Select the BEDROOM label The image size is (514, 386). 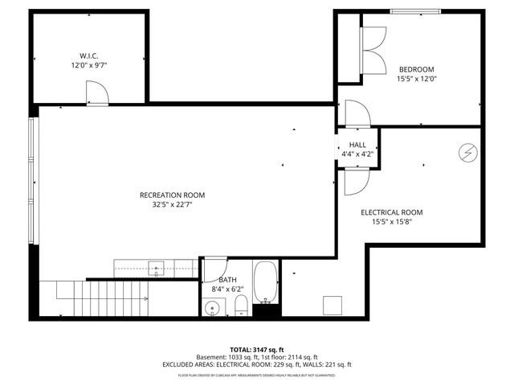pos(415,69)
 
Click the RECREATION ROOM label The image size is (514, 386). pos(172,195)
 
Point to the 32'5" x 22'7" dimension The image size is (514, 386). pos(172,205)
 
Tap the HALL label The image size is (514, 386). pos(357,145)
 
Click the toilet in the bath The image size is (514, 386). pos(240,305)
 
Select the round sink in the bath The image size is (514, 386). pos(213,306)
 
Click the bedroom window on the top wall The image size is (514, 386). pos(415,11)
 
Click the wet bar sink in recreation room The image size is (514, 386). pos(157,268)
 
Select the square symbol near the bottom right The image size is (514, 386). pos(332,305)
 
